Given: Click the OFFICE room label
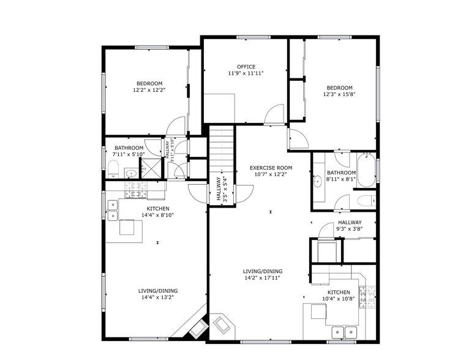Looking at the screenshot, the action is click(246, 67).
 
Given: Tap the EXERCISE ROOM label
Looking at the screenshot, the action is click(271, 168).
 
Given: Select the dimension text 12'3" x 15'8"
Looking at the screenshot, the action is click(339, 94).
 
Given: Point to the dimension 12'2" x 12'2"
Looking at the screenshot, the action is click(149, 90).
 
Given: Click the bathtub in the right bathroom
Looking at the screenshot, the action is click(366, 170).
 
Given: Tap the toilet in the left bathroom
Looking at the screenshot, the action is click(113, 169).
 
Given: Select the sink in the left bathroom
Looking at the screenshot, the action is click(130, 173).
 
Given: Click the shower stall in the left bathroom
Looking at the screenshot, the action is click(151, 168).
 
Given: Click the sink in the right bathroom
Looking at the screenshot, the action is click(317, 180).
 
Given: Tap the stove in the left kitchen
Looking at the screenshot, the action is click(136, 190).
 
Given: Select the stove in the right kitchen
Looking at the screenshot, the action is click(367, 297).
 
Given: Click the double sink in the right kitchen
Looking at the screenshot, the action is click(344, 332).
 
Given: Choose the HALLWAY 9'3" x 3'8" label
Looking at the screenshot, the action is click(350, 225).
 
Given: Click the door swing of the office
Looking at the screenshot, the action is click(274, 114).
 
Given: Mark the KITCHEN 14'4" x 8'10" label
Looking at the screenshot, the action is click(158, 212).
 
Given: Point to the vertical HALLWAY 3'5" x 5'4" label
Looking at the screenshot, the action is click(222, 190).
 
